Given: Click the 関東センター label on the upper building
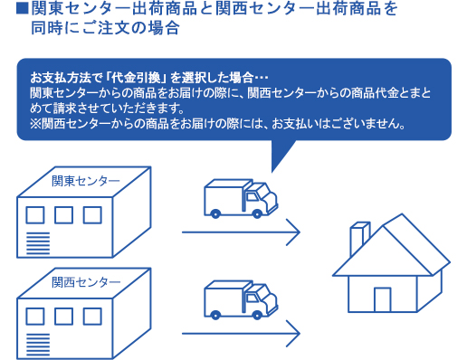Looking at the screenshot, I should (80, 179).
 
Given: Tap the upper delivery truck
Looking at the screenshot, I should (239, 198).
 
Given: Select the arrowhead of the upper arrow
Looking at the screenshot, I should (293, 232).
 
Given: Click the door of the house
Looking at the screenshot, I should (383, 298).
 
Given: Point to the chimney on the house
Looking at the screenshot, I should (356, 238).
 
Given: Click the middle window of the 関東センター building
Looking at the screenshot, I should (63, 216).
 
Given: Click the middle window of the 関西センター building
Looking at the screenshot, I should (63, 318).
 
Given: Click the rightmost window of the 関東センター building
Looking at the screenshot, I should (91, 216).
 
